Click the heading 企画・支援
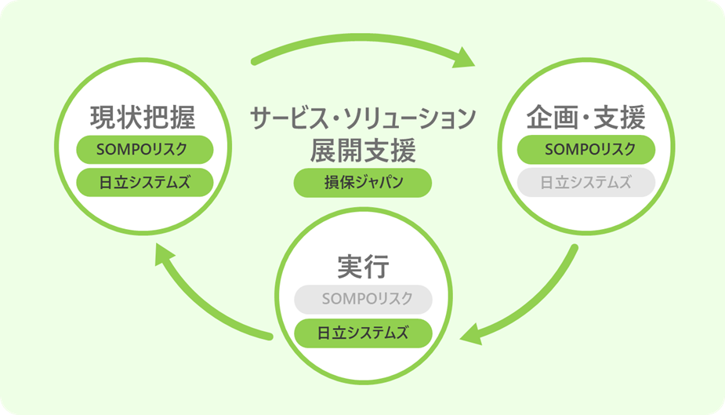[585, 119]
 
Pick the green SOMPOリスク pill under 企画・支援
[585, 149]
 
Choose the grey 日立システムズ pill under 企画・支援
[585, 183]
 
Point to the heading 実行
[363, 268]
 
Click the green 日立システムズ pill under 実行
[363, 332]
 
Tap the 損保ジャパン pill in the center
[362, 183]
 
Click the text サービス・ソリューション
[362, 118]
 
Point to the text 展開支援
[362, 148]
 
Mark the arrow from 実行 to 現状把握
[196, 302]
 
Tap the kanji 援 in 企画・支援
[631, 119]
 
